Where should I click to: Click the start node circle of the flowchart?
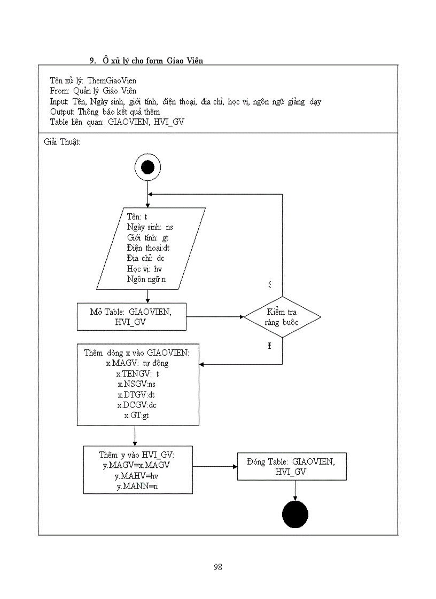147,168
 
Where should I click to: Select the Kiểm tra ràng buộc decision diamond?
282,317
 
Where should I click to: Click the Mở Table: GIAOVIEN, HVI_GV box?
131,317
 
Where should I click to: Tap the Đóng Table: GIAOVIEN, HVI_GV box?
291,467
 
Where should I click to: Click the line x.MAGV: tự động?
138,364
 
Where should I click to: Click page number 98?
217,567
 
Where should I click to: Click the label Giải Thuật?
61,142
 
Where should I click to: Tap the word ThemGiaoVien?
112,81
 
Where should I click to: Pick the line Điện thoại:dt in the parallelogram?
149,248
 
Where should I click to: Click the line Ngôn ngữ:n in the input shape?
147,279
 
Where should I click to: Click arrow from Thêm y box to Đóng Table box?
215,466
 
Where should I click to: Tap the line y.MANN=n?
137,486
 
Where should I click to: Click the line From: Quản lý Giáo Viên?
93,91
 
